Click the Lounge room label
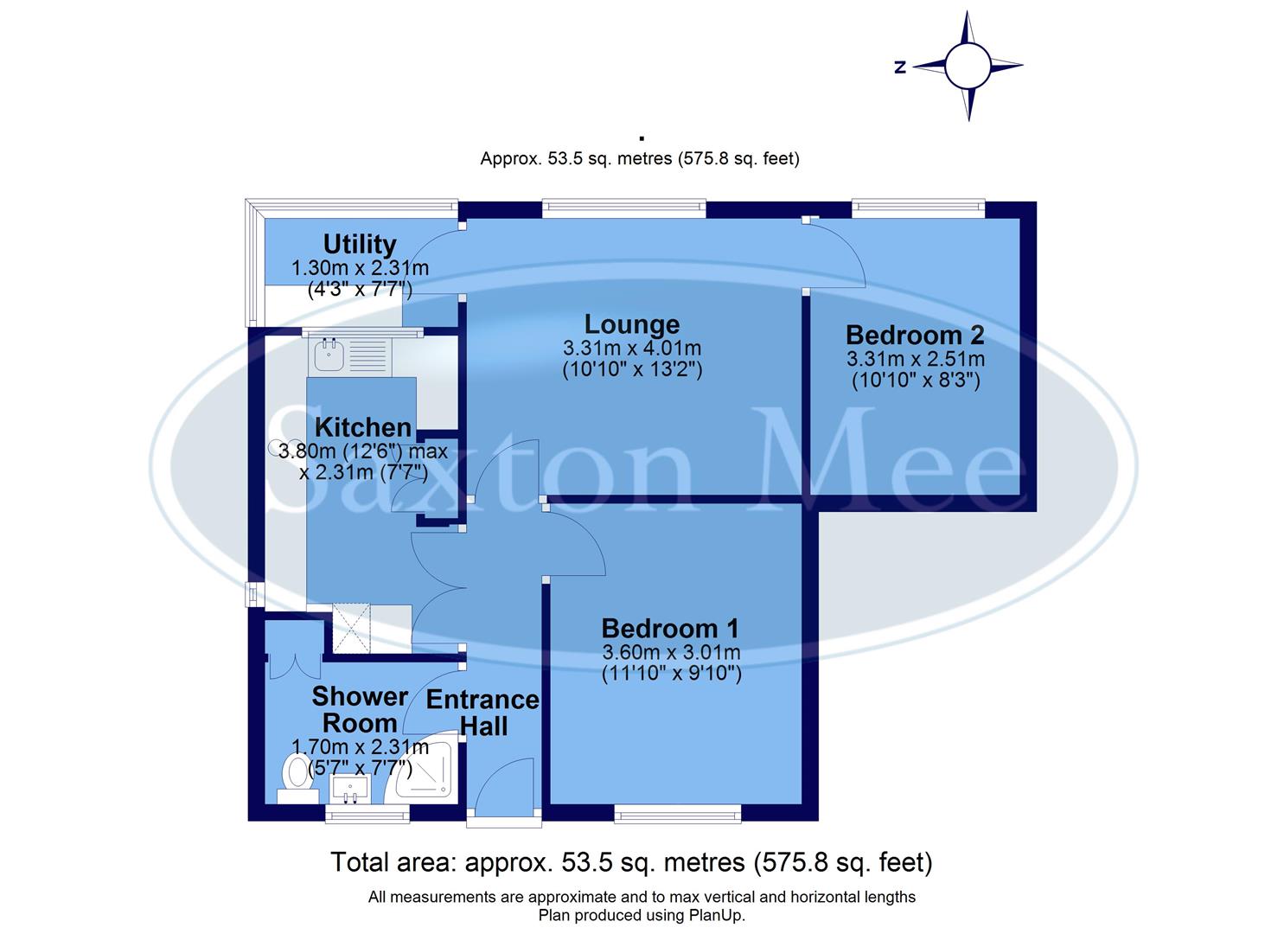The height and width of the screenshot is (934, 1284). coord(632,324)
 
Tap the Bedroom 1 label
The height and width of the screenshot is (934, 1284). coord(670,629)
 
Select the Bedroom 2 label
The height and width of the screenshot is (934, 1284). coord(915,335)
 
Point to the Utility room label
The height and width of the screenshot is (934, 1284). coord(360,245)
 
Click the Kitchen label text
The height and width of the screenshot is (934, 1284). coord(362,427)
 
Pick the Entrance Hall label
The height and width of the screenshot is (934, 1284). coord(482,713)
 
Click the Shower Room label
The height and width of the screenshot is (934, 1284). coord(360,709)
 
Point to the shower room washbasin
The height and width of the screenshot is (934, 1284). coord(349,788)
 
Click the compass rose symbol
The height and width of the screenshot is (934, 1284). coord(967,66)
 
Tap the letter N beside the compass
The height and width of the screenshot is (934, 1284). coord(900,67)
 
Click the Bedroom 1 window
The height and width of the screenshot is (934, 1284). coord(678,812)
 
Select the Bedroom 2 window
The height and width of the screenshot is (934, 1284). coord(917,208)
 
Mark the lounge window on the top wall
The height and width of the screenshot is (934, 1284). coord(623,208)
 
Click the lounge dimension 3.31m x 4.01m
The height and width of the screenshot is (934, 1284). coord(632,349)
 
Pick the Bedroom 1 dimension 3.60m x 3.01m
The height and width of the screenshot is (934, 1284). coord(671,652)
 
